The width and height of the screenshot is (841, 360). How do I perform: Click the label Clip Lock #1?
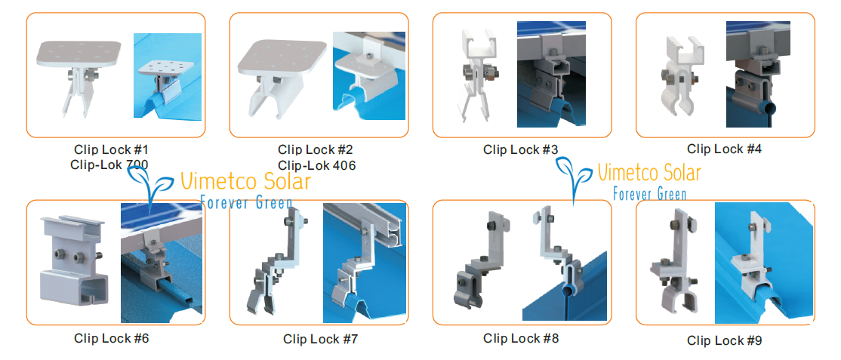[110, 149]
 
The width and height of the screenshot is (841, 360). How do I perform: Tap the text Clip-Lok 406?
[316, 165]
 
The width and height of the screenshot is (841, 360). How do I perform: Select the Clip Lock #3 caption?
[520, 149]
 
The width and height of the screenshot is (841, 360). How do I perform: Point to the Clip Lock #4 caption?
[724, 149]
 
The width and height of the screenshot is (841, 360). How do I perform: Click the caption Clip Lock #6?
[111, 339]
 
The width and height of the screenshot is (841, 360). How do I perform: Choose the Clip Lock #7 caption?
[320, 339]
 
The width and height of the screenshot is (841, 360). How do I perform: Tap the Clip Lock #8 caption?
[521, 338]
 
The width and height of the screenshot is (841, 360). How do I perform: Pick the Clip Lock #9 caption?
[724, 340]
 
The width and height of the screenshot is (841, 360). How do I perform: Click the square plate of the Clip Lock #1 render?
[79, 55]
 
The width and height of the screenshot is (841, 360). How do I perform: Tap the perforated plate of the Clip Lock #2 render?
[282, 57]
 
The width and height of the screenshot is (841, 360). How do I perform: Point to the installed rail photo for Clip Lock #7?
[365, 263]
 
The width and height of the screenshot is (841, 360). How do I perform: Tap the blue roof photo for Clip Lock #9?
[764, 263]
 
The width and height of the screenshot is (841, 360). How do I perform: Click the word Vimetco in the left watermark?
[212, 182]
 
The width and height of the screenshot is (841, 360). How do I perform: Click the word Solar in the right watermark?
[678, 173]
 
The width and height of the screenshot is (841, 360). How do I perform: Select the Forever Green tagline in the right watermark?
[649, 192]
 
